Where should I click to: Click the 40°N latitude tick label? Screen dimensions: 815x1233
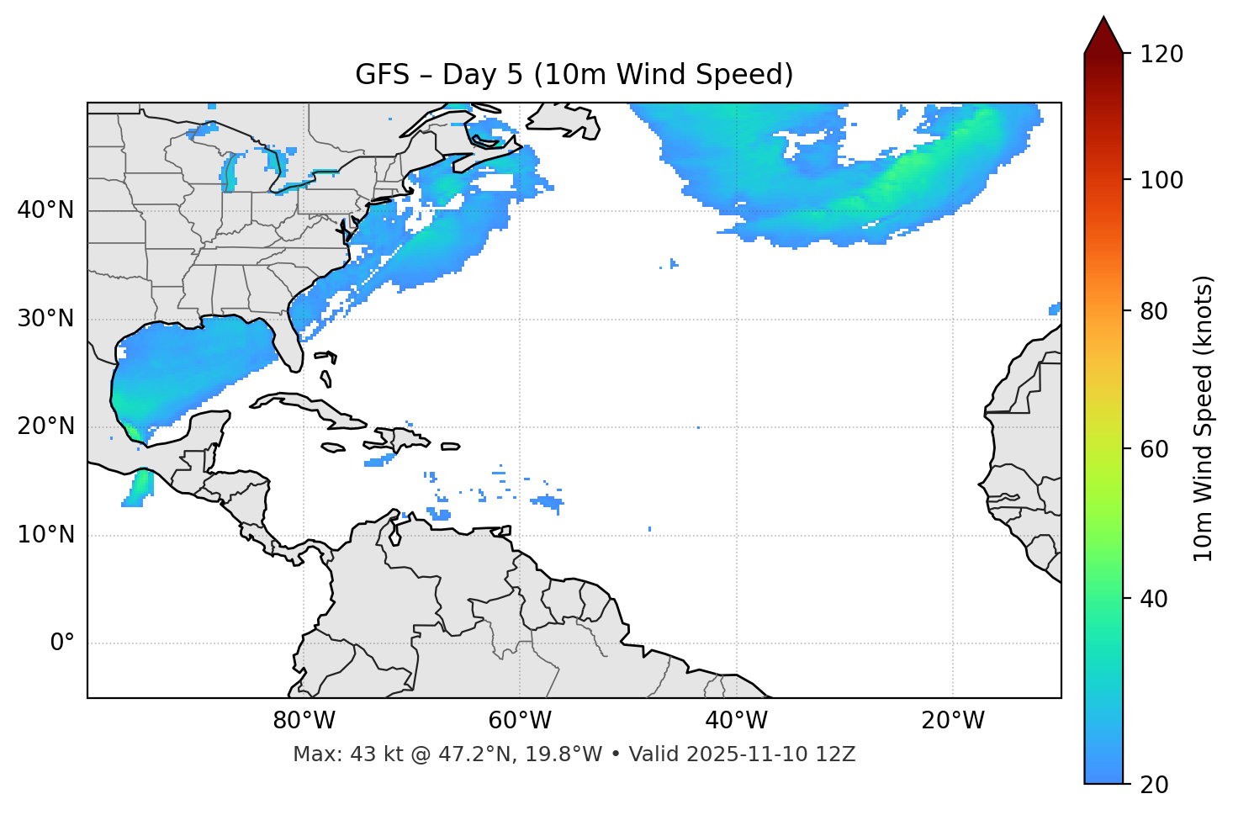point(45,210)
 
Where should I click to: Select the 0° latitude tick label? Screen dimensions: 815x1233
point(62,643)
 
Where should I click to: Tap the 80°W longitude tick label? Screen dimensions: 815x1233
point(304,721)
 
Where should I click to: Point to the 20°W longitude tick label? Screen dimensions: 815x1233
point(953,721)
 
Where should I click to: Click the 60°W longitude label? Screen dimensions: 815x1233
point(520,721)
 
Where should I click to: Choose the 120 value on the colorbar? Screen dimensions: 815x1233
point(1162,54)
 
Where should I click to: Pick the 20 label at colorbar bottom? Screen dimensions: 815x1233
point(1153,784)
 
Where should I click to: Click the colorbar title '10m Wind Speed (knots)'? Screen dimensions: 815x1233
point(1204,419)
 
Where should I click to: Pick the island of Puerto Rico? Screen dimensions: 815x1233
point(450,447)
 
